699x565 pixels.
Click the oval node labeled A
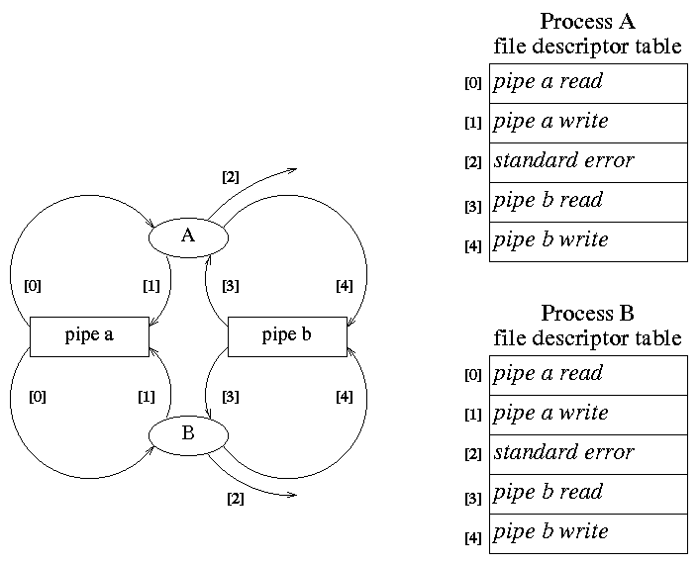coord(188,235)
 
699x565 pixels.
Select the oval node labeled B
coord(188,433)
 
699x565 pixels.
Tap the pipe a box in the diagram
coord(89,335)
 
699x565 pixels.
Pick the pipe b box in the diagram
coord(287,335)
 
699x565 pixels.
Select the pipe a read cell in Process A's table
coord(588,83)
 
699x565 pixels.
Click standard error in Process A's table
coord(588,162)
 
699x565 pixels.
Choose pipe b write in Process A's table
coord(588,241)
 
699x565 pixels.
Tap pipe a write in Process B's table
coord(588,415)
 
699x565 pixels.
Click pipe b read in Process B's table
coord(588,494)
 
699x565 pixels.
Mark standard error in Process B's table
coord(588,454)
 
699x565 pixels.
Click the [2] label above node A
coord(230,178)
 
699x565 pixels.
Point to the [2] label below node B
coord(235,499)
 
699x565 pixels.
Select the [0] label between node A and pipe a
coord(33,287)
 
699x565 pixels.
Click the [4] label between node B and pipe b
coord(344,398)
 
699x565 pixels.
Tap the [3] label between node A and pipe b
coord(230,287)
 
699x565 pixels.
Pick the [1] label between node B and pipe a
coord(146,398)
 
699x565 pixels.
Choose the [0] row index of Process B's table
coord(472,376)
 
